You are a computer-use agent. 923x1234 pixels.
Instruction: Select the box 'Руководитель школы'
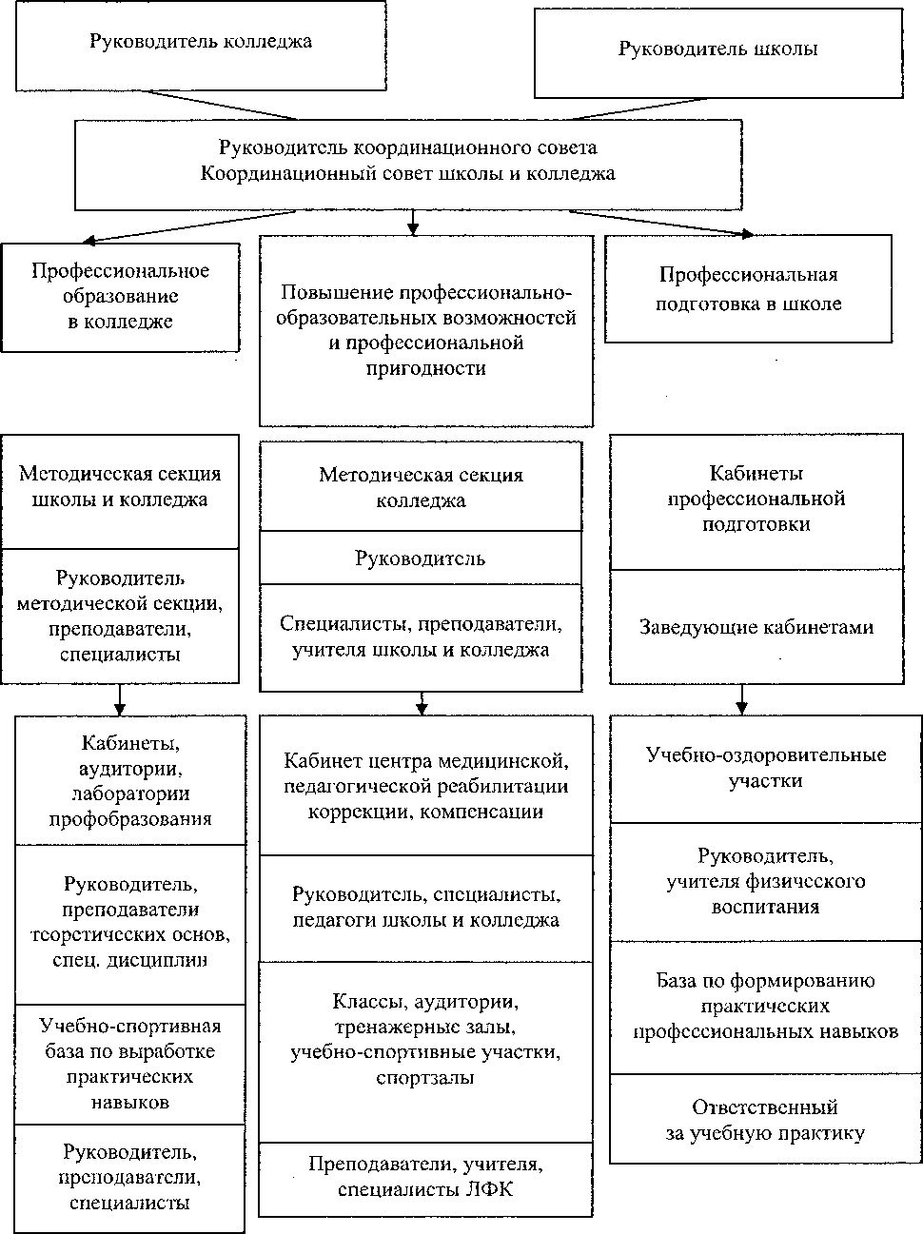tap(717, 51)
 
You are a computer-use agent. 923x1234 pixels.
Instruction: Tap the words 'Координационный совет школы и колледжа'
tap(408, 174)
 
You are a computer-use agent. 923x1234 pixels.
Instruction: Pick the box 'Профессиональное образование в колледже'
tap(120, 296)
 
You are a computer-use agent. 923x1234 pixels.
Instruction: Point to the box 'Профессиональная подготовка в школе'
tap(748, 289)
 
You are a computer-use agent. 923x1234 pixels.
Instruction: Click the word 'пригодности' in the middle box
tap(425, 368)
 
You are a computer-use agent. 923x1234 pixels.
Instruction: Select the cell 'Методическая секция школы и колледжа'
tap(120, 488)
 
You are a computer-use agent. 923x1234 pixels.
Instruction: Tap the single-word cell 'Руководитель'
tap(420, 558)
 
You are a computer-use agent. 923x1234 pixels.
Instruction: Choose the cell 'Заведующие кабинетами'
tap(756, 627)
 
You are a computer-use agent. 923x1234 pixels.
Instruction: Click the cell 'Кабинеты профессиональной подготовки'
tap(756, 499)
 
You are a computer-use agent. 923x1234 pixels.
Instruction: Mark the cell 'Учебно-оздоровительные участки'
tap(766, 768)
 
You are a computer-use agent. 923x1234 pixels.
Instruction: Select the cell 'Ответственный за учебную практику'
tap(765, 1120)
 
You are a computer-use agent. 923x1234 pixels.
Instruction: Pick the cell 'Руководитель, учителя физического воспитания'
tap(766, 881)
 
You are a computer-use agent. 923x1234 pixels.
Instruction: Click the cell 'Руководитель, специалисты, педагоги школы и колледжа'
tap(425, 908)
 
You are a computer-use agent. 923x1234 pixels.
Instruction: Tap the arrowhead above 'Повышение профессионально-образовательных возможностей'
tap(413, 228)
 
